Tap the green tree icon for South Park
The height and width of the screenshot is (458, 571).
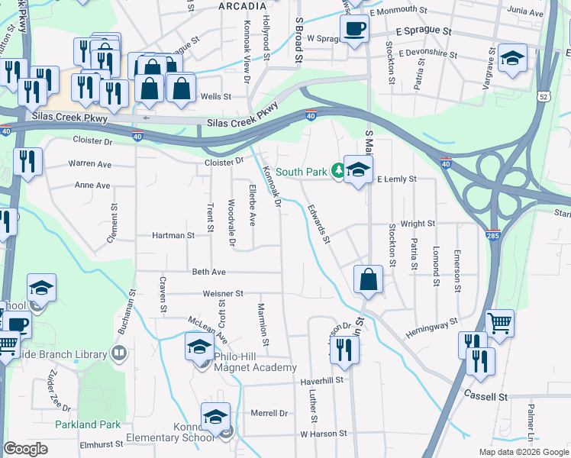click(x=337, y=170)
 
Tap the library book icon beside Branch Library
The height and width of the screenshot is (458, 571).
click(x=118, y=352)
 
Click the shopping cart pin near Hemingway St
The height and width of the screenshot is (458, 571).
click(x=499, y=322)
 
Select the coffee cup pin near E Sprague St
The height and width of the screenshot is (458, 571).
click(x=354, y=30)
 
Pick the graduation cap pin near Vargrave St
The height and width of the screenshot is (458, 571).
click(x=512, y=57)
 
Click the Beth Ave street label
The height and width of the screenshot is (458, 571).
click(x=208, y=272)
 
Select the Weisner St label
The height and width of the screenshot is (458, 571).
click(x=223, y=293)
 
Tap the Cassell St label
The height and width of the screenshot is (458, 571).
click(x=486, y=397)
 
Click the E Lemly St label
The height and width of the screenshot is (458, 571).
click(x=396, y=179)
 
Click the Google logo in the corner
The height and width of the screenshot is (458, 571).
click(x=25, y=449)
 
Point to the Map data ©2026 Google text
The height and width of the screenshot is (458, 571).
click(x=523, y=452)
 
